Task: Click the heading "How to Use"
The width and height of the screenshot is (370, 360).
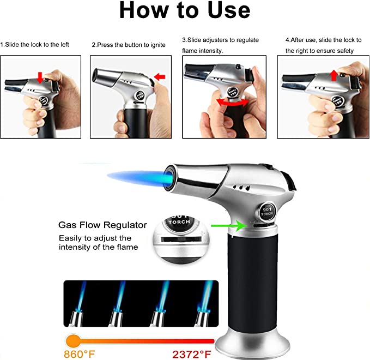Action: [x=185, y=10]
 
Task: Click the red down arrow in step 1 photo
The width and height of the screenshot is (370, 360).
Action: [x=40, y=77]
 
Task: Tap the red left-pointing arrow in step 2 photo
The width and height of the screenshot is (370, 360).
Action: [x=160, y=76]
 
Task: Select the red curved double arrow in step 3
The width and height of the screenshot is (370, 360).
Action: [x=233, y=103]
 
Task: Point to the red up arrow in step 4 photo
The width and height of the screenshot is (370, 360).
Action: [x=334, y=75]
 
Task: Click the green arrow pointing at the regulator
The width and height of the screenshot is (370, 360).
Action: [x=229, y=226]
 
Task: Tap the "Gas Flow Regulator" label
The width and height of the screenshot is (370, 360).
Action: [x=102, y=225]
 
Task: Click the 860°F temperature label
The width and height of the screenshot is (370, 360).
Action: [x=80, y=354]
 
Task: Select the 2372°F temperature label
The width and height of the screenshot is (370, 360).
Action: [x=192, y=355]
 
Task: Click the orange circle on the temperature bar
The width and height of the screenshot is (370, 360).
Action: [x=74, y=341]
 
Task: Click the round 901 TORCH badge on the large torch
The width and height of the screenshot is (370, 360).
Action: [x=267, y=211]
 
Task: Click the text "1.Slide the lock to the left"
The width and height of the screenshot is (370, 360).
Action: [x=34, y=45]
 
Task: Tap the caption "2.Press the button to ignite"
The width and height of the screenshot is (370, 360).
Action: [x=129, y=45]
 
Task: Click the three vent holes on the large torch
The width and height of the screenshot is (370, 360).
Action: [x=241, y=188]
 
